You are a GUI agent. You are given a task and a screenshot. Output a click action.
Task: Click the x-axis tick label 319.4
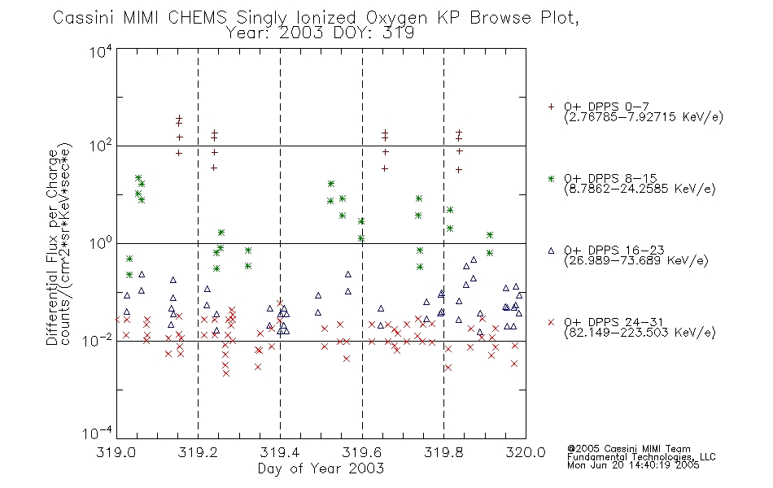pyautogui.click(x=280, y=452)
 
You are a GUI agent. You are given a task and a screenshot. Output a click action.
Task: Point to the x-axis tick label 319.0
pyautogui.click(x=116, y=452)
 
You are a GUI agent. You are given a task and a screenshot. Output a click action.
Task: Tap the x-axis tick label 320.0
pyautogui.click(x=526, y=452)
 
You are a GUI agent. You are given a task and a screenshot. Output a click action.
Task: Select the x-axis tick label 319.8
pyautogui.click(x=443, y=452)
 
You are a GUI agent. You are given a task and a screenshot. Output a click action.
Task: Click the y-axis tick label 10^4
pyautogui.click(x=101, y=51)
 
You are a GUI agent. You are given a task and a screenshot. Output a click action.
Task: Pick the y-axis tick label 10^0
pyautogui.click(x=101, y=243)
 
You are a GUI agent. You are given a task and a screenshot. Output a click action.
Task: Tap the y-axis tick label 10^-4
pyautogui.click(x=98, y=434)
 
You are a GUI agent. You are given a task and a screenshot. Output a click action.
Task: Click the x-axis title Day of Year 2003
pyautogui.click(x=321, y=468)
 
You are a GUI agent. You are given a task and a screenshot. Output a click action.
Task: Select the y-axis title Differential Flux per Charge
pyautogui.click(x=52, y=247)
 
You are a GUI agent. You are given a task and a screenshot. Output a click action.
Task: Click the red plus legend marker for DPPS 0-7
pyautogui.click(x=551, y=107)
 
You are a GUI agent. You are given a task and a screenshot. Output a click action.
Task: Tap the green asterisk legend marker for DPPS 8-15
pyautogui.click(x=551, y=178)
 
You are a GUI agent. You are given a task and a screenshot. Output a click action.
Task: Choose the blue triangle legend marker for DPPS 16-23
pyautogui.click(x=551, y=251)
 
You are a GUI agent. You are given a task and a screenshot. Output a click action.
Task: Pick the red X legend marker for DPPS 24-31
pyautogui.click(x=551, y=322)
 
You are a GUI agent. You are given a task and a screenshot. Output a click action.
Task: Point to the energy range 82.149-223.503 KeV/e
pyautogui.click(x=640, y=333)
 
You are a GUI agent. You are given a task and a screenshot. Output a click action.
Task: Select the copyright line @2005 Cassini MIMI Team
pyautogui.click(x=628, y=449)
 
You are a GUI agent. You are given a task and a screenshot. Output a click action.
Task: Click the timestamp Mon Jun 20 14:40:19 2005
pyautogui.click(x=633, y=465)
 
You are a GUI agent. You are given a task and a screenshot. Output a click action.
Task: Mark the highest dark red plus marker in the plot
pyautogui.click(x=179, y=118)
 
